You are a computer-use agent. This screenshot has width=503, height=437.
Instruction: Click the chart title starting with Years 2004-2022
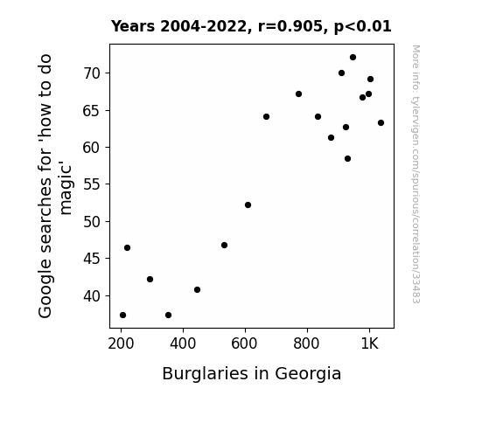coord(251,26)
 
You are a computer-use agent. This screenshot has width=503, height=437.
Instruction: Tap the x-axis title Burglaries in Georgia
coord(252,374)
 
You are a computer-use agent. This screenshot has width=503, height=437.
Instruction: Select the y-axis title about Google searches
coord(54,186)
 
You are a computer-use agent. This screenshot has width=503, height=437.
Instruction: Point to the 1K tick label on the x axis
coord(369,343)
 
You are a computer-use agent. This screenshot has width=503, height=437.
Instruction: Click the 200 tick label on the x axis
coord(121,343)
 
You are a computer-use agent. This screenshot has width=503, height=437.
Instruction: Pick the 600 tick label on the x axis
coord(244,343)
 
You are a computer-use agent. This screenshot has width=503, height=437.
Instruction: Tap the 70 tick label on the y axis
coord(92,73)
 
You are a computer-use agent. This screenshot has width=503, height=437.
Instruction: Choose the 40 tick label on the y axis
coord(92,296)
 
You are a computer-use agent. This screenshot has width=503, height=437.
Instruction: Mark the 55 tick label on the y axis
coord(92,184)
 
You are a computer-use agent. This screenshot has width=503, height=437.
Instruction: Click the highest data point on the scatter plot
coord(353,58)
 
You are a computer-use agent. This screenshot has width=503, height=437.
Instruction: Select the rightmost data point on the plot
coord(381,122)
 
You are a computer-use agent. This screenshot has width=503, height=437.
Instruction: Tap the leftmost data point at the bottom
coord(122,316)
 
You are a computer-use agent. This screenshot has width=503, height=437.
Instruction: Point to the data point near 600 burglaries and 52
coord(248,205)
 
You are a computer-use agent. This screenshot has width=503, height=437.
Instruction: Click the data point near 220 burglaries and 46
coord(127,248)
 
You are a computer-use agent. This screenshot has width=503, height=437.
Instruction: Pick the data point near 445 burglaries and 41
coord(198,290)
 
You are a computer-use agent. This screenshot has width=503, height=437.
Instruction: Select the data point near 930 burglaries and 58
coord(348,159)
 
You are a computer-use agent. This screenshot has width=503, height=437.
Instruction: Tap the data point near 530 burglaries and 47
coord(224,246)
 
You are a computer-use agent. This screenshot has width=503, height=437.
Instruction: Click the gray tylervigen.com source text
coord(416,174)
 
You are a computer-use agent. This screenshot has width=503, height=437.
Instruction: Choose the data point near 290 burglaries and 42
coord(150,280)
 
